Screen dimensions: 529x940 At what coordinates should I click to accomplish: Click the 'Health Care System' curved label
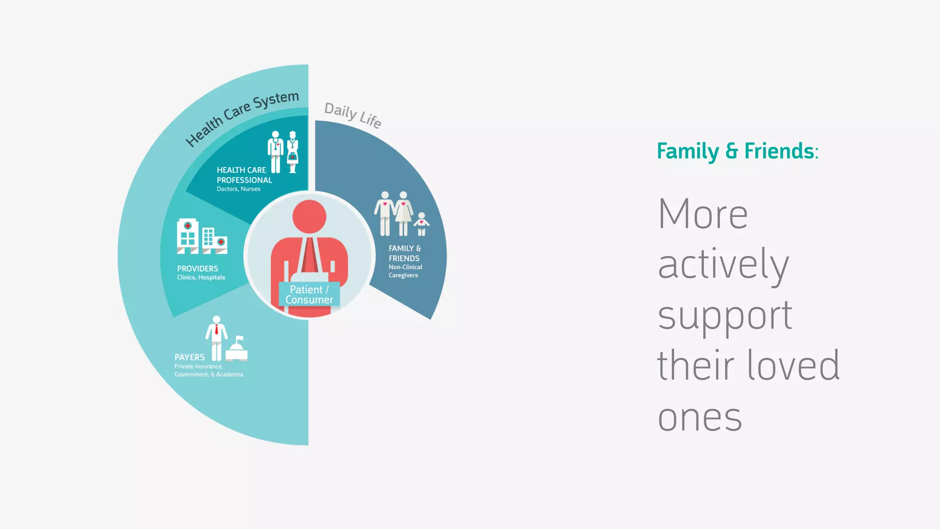tap(242, 118)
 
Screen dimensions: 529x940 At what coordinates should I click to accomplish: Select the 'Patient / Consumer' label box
tap(309, 294)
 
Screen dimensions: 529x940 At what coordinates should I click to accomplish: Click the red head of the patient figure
tap(309, 216)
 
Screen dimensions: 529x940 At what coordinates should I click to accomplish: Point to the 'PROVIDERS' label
tap(197, 269)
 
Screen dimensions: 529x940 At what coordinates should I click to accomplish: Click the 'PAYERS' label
tap(190, 357)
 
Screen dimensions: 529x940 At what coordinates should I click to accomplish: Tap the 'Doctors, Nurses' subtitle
tap(238, 189)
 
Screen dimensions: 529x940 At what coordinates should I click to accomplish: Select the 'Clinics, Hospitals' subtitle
tap(201, 277)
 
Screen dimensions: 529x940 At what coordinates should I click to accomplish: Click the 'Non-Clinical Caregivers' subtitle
tap(405, 271)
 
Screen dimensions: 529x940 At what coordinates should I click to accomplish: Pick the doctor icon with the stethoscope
tap(275, 152)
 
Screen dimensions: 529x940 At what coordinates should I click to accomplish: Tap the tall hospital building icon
tap(188, 236)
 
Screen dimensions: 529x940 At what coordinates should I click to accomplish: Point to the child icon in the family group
tap(421, 224)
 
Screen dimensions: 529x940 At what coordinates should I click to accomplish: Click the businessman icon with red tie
tap(216, 338)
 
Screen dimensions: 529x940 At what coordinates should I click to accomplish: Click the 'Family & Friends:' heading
tap(737, 151)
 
